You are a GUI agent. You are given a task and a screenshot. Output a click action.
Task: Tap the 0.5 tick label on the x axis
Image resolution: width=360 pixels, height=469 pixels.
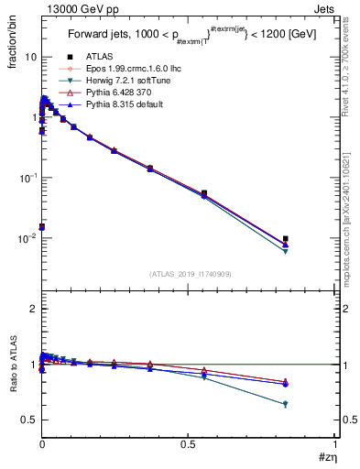click(x=189, y=444)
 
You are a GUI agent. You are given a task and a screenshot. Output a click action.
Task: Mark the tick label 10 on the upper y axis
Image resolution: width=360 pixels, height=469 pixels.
click(x=30, y=57)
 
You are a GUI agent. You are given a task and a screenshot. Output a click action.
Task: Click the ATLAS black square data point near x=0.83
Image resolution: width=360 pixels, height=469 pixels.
click(x=286, y=239)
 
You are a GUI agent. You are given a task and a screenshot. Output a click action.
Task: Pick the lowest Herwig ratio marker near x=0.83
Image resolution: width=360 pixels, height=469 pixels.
click(x=286, y=404)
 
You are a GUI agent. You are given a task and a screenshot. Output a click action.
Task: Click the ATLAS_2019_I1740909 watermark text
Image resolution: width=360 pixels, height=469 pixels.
click(x=189, y=274)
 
